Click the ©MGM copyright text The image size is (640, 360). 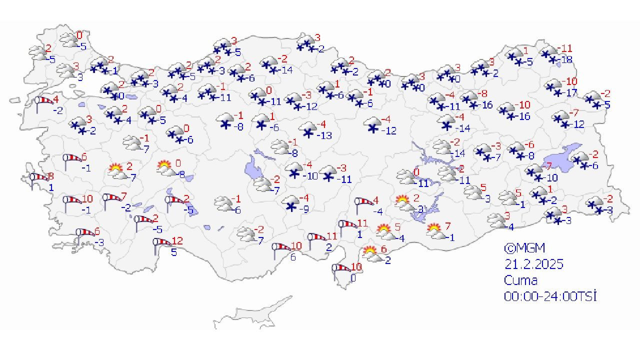pos(524,248)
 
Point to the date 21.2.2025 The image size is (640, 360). pos(533,263)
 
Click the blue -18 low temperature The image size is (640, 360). pos(566,60)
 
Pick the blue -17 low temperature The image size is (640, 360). pos(570,93)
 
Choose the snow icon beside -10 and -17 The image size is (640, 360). pos(554,86)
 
